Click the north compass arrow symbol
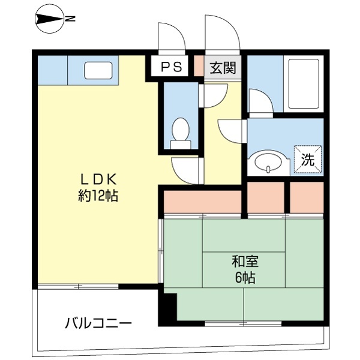(x=49, y=19)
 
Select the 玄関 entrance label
(x=221, y=67)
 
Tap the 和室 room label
(x=245, y=262)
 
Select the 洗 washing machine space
(x=308, y=160)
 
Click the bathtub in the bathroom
(x=302, y=83)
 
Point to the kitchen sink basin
(x=96, y=70)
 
